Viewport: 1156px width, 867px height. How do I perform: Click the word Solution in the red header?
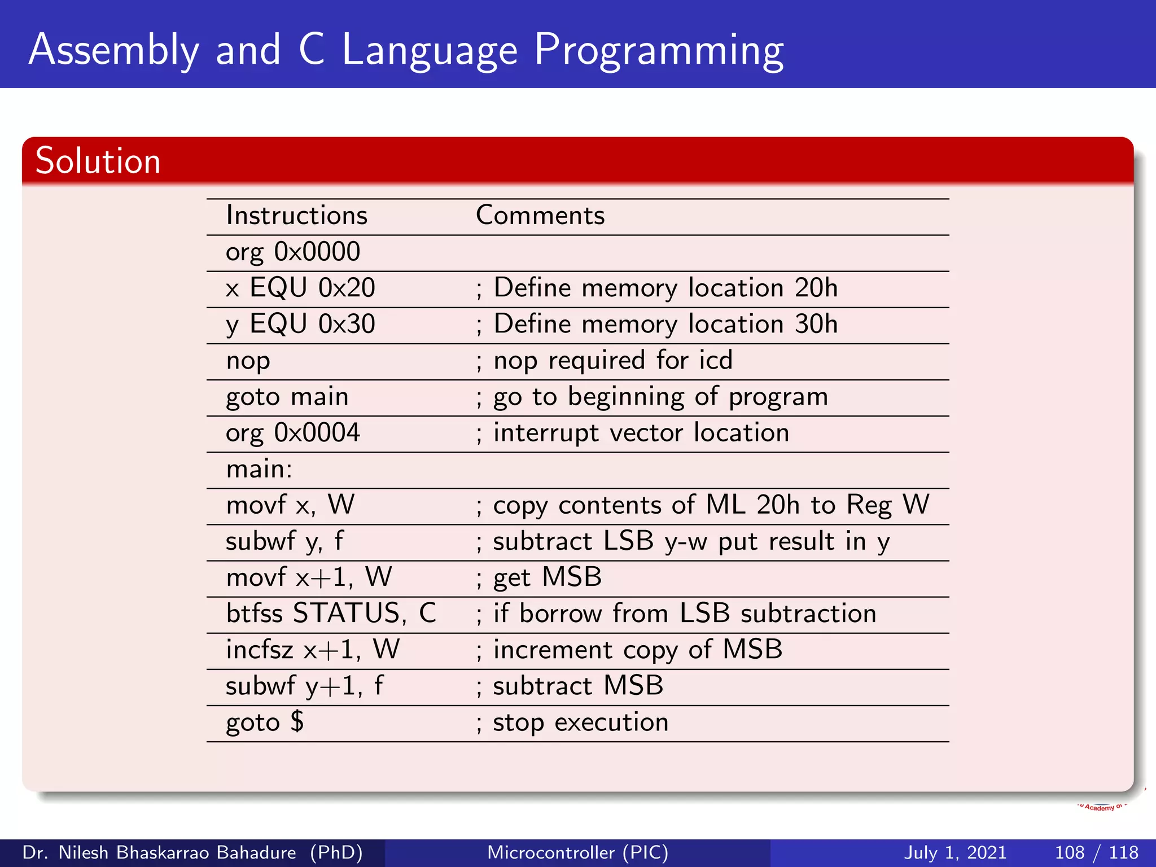click(x=98, y=161)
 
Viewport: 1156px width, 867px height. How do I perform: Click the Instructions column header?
click(x=296, y=216)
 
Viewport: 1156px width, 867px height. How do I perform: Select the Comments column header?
click(x=540, y=216)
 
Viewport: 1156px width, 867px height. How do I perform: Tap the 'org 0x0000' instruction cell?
click(x=292, y=252)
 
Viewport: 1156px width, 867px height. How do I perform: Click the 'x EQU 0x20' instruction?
click(x=300, y=288)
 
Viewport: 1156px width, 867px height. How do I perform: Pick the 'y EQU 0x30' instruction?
click(x=300, y=325)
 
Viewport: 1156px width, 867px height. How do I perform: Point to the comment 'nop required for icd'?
click(x=612, y=361)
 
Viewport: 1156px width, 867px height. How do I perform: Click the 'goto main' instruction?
click(x=287, y=397)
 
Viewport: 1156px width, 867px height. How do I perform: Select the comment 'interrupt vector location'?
click(x=641, y=433)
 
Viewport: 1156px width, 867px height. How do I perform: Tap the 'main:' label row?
click(x=259, y=469)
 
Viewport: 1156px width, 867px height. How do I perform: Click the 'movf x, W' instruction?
click(x=290, y=505)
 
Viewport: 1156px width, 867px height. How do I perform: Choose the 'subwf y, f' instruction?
click(x=284, y=541)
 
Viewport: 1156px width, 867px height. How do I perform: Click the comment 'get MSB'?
click(x=547, y=577)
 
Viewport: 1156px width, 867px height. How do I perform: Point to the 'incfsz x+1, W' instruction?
click(x=312, y=650)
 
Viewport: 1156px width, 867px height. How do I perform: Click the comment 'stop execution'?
click(x=580, y=722)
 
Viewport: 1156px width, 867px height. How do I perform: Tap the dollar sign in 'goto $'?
click(x=297, y=722)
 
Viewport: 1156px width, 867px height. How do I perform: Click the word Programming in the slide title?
click(x=658, y=51)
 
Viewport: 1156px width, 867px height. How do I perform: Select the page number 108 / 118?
click(x=1096, y=852)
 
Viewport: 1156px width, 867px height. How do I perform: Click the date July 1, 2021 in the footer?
click(x=955, y=852)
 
